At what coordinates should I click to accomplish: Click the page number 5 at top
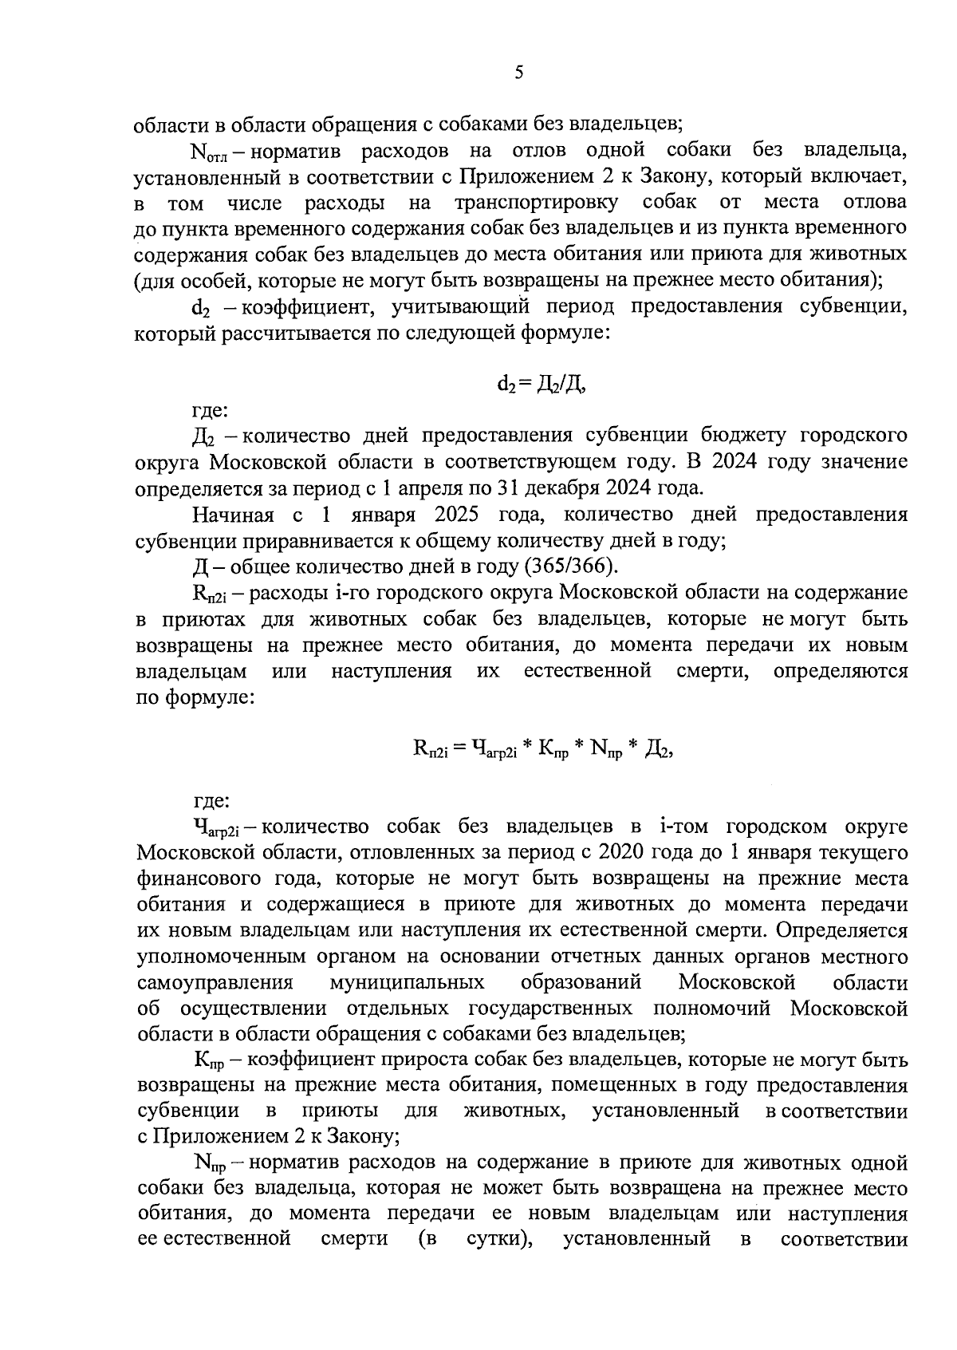point(519,73)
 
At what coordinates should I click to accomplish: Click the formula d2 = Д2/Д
point(542,385)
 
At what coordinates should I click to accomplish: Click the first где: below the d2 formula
point(211,412)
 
